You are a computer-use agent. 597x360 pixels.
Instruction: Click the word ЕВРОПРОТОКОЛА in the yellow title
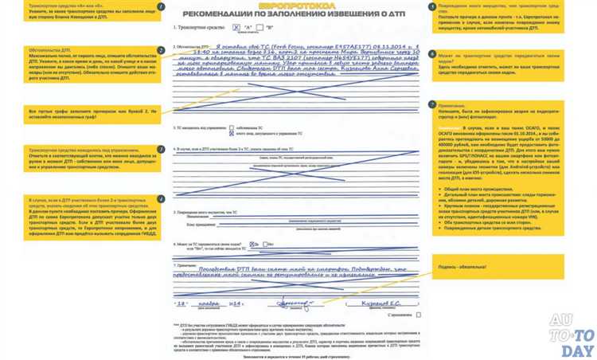[298, 6]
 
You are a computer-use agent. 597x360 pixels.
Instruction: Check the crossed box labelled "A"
[236, 27]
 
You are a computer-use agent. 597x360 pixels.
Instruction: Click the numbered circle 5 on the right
[431, 6]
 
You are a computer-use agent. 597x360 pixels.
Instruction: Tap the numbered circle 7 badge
[431, 104]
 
